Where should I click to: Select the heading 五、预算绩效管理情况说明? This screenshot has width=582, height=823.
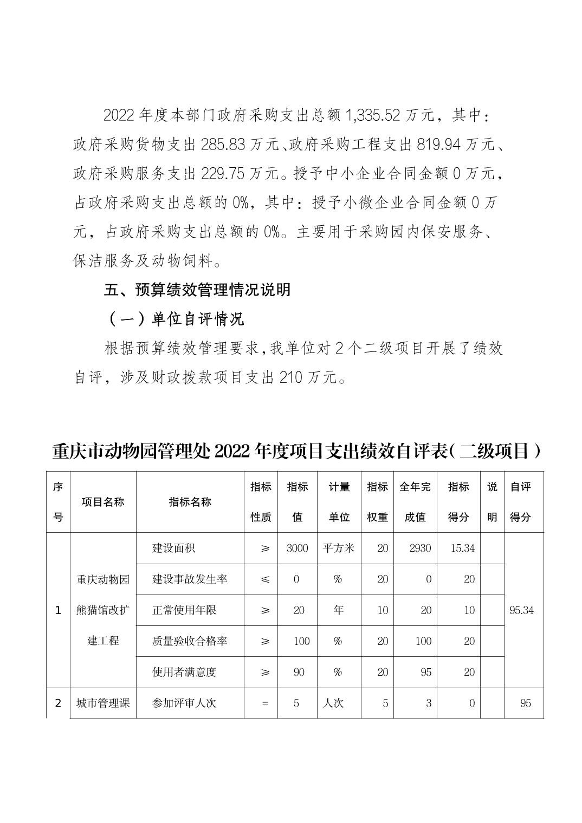[197, 290]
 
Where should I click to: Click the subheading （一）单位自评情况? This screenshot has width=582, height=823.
[174, 319]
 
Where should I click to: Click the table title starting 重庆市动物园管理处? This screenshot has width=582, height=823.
[296, 451]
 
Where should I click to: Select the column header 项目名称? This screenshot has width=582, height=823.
[103, 502]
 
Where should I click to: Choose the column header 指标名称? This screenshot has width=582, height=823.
[190, 502]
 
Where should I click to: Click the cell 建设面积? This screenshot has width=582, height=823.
[173, 548]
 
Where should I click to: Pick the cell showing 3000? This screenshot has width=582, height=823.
[297, 548]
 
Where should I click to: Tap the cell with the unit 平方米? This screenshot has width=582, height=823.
[339, 548]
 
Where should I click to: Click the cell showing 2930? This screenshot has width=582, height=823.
[421, 548]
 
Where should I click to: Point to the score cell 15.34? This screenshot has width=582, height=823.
[463, 548]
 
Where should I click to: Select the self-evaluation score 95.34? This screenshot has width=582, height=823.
[521, 610]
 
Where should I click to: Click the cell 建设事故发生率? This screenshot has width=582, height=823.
[190, 579]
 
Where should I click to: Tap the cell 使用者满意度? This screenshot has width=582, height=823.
[184, 672]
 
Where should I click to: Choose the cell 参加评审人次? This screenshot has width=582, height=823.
[184, 703]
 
